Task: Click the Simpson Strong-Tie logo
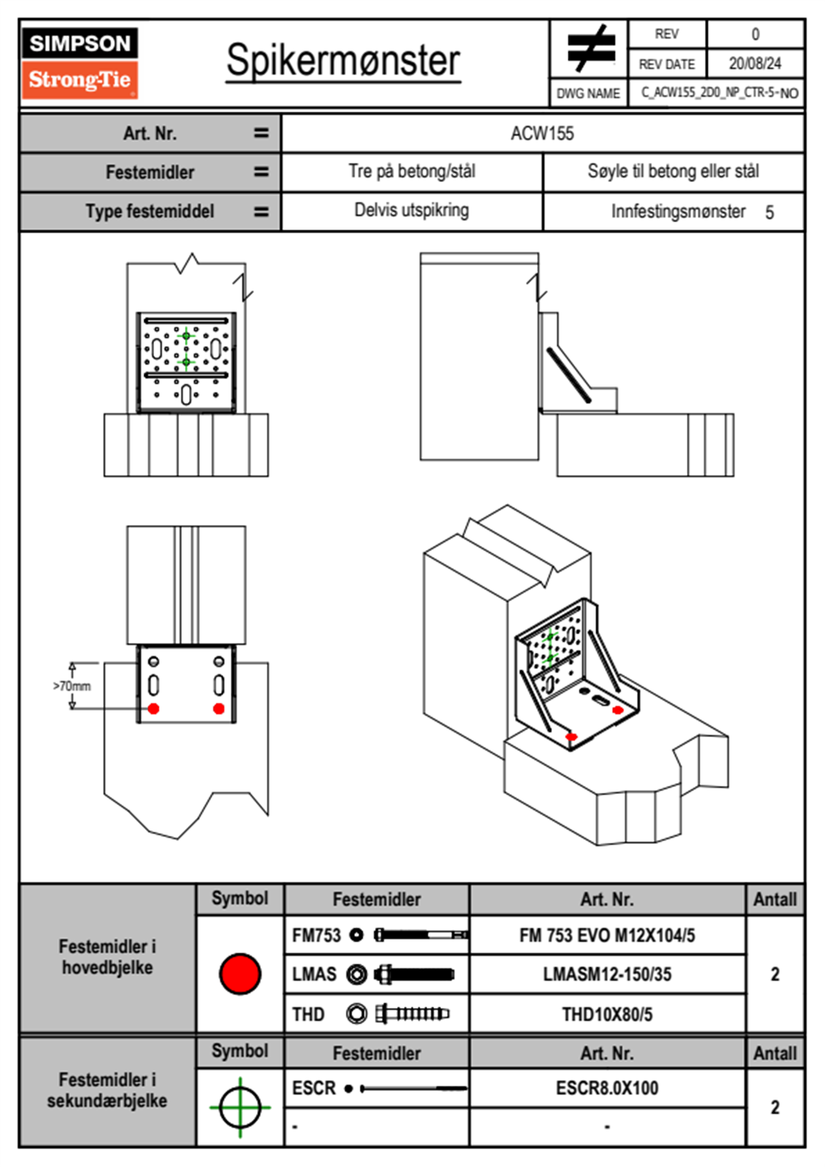(x=80, y=62)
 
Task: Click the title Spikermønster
(x=343, y=60)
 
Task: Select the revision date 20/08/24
(x=755, y=64)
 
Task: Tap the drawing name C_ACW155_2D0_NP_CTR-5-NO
(x=719, y=93)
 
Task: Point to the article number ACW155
(x=542, y=134)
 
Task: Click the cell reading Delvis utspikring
(x=411, y=210)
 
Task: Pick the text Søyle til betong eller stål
(x=673, y=171)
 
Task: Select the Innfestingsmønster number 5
(x=770, y=212)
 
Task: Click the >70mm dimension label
(x=72, y=686)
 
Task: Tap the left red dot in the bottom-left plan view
(x=154, y=708)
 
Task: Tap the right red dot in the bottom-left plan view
(x=219, y=708)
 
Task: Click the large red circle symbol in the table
(x=240, y=973)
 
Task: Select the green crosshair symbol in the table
(x=240, y=1107)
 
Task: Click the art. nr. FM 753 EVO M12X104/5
(x=607, y=935)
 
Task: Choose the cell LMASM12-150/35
(x=607, y=974)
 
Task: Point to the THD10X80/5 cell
(x=607, y=1014)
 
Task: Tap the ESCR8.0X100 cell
(x=607, y=1088)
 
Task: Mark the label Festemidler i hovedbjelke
(x=107, y=957)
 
